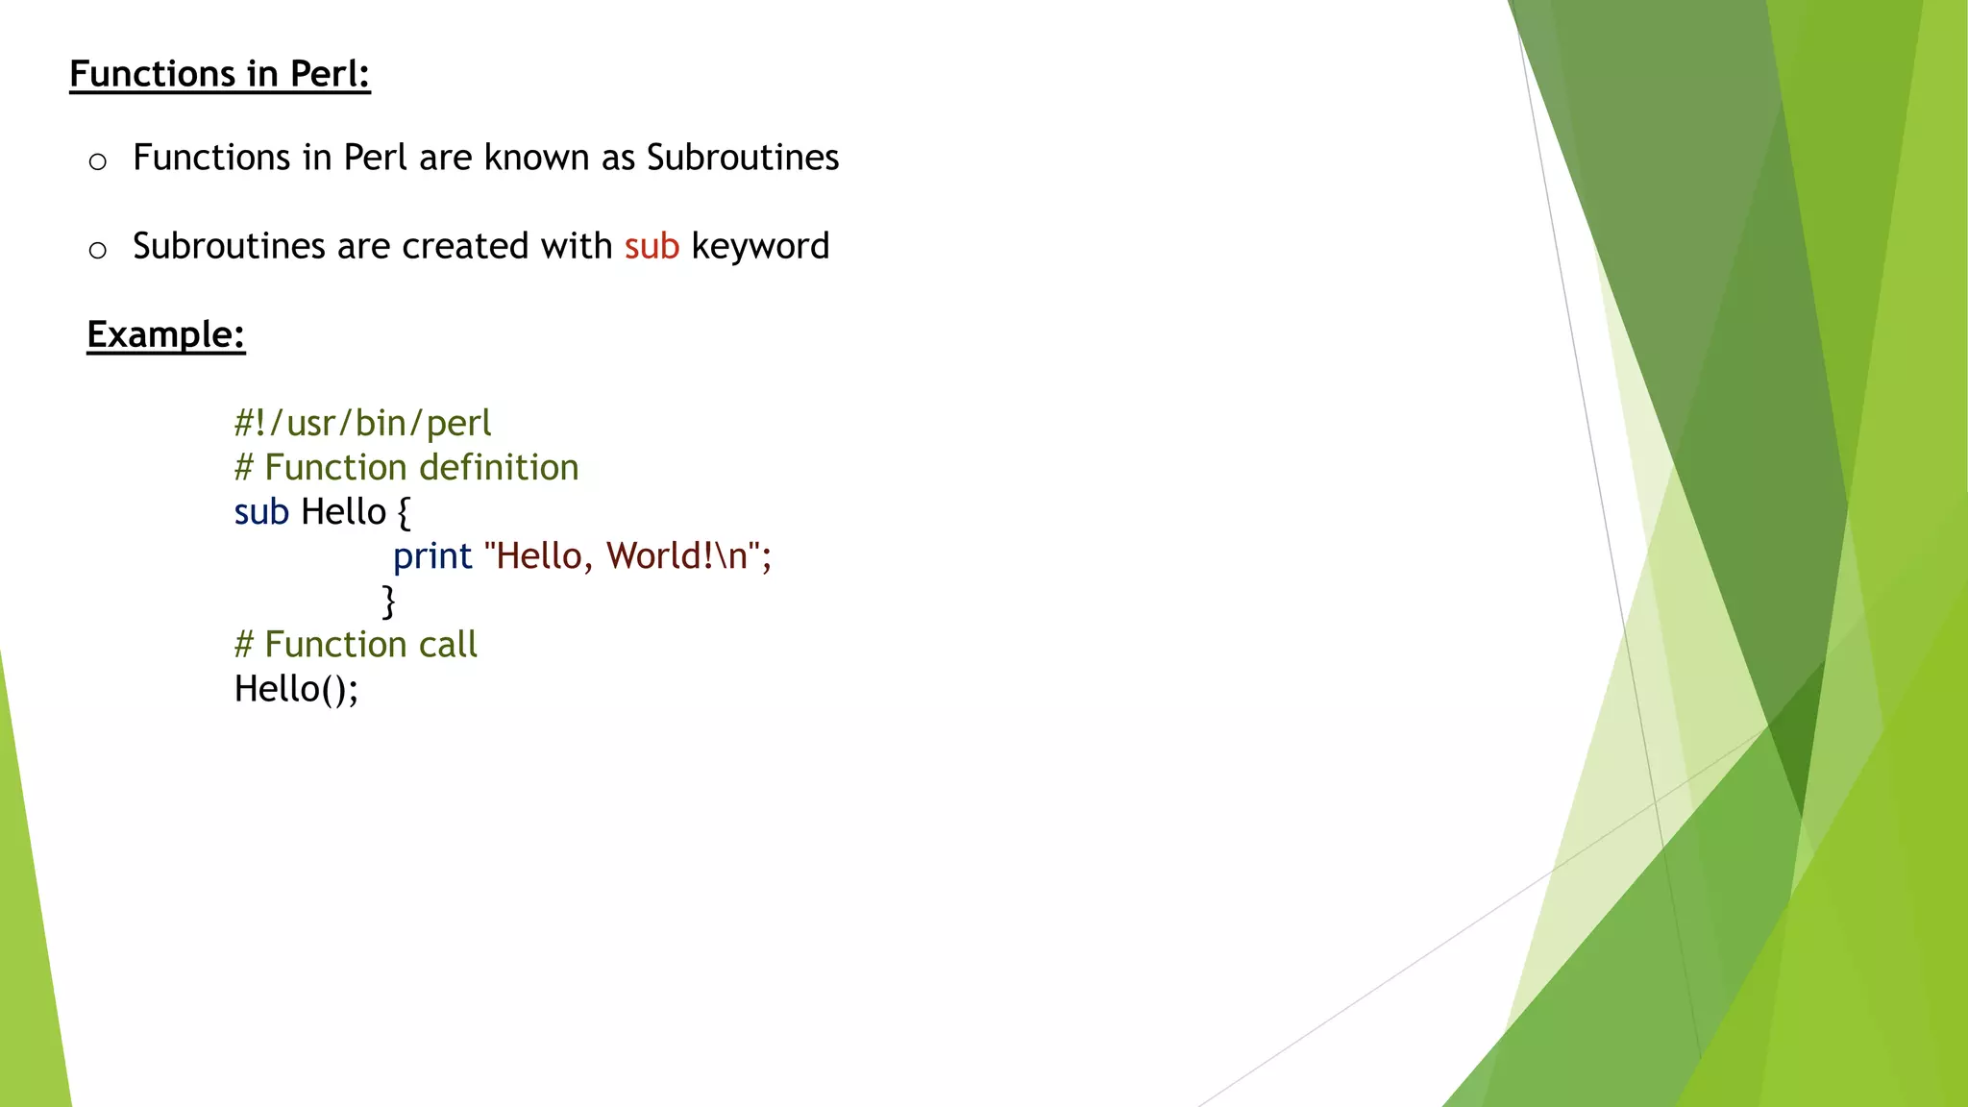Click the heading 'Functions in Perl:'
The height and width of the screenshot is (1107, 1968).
(219, 74)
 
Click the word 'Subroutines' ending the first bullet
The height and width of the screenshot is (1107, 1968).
(742, 158)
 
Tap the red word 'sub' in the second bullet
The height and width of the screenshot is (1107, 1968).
(652, 247)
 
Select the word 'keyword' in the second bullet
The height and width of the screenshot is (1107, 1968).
(760, 247)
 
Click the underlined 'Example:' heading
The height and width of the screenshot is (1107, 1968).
(165, 334)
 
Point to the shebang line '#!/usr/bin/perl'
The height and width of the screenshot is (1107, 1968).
(362, 423)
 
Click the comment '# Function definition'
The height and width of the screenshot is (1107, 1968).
(406, 467)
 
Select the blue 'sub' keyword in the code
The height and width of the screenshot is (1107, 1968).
(260, 512)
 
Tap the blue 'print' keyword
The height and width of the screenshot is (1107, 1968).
(432, 556)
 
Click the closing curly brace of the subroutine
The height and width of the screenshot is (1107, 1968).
(389, 602)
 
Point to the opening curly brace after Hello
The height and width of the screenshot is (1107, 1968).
(404, 513)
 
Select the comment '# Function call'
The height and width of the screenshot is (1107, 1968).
(356, 645)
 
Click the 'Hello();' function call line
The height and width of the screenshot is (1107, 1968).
(296, 689)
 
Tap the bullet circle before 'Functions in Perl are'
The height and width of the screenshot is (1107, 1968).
(97, 161)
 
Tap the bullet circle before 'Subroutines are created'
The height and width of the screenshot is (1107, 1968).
(97, 251)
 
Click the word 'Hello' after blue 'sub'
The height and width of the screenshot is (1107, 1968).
(343, 512)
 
